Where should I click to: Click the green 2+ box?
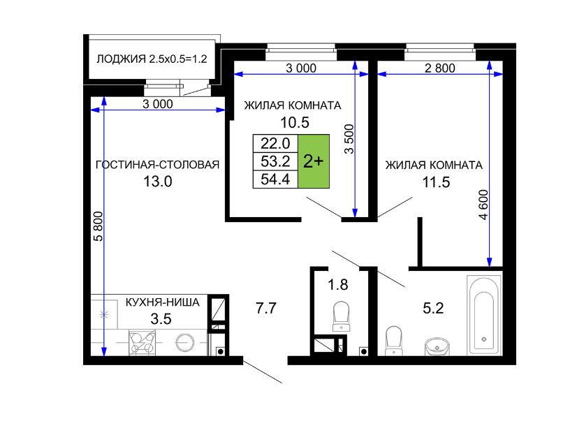pyautogui.click(x=314, y=161)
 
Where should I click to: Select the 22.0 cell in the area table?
pyautogui.click(x=275, y=143)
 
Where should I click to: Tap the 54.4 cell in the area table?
pyautogui.click(x=275, y=179)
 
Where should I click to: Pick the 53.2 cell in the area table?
pyautogui.click(x=275, y=161)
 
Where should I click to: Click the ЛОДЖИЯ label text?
pyautogui.click(x=121, y=59)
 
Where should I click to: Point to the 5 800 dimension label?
pyautogui.click(x=98, y=226)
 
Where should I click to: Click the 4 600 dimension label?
pyautogui.click(x=483, y=205)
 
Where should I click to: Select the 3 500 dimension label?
pyautogui.click(x=349, y=139)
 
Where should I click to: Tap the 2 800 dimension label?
pyautogui.click(x=440, y=68)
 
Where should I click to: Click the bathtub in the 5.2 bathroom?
pyautogui.click(x=484, y=316)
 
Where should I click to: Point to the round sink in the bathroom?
pyautogui.click(x=437, y=346)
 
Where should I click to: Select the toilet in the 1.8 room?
pyautogui.click(x=341, y=316)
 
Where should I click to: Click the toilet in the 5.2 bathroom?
pyautogui.click(x=394, y=341)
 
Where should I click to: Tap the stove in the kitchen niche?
pyautogui.click(x=142, y=342)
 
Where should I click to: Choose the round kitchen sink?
pyautogui.click(x=185, y=342)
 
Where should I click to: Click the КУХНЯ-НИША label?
pyautogui.click(x=162, y=302)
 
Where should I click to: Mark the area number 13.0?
pyautogui.click(x=158, y=182)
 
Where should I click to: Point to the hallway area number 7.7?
pyautogui.click(x=266, y=308)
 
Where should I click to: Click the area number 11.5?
pyautogui.click(x=436, y=182)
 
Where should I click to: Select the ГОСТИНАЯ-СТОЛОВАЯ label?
pyautogui.click(x=158, y=165)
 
